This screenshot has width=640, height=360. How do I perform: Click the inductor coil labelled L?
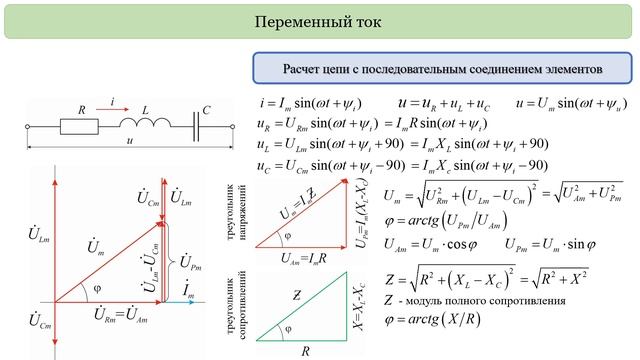[133, 127]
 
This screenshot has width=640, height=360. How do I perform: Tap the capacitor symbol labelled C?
[196, 126]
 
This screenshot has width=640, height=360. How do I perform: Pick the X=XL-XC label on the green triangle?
[357, 301]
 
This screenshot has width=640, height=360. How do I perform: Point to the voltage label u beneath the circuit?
[129, 142]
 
